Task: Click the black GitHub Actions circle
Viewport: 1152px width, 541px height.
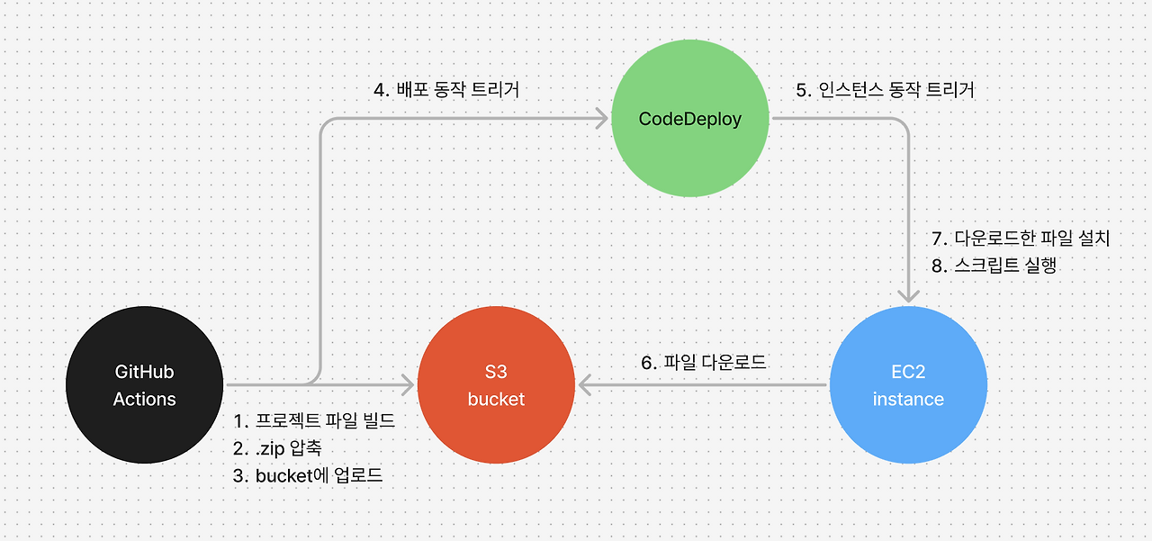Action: [145, 384]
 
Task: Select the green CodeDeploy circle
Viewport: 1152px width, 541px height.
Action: [690, 118]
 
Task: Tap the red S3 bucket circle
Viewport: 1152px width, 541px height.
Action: [496, 384]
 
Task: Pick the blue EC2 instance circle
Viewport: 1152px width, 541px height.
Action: [908, 384]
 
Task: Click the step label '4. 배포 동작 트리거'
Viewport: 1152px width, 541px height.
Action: [446, 90]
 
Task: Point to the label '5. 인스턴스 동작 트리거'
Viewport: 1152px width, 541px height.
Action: [885, 90]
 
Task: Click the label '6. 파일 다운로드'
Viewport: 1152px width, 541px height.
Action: [704, 362]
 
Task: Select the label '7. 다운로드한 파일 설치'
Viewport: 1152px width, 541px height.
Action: [1021, 239]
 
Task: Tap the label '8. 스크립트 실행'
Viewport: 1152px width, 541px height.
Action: [994, 266]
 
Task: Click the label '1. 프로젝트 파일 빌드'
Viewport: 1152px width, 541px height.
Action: [314, 420]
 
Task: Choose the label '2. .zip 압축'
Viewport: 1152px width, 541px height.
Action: [277, 448]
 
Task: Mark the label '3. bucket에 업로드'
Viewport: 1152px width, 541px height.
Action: [308, 475]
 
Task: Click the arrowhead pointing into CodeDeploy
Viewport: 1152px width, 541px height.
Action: [603, 118]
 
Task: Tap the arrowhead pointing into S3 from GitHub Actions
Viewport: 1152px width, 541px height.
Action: [409, 384]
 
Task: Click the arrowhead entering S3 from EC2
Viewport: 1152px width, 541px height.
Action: [585, 384]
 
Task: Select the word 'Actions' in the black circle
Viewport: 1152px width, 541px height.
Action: [145, 399]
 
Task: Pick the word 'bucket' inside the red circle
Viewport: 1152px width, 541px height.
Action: [496, 399]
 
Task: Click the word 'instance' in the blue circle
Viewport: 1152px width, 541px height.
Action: [908, 399]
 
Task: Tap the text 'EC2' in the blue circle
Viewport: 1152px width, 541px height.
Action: [908, 371]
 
